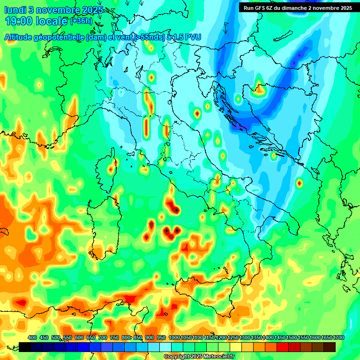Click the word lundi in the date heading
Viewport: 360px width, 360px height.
pyautogui.click(x=15, y=10)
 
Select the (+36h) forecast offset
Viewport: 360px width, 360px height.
pyautogui.click(x=81, y=21)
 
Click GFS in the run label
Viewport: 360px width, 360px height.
pyautogui.click(x=265, y=7)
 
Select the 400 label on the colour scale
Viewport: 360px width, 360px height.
pyautogui.click(x=32, y=337)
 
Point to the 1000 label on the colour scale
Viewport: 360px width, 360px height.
pyautogui.click(x=174, y=337)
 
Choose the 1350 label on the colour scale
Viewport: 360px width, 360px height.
pyautogui.click(x=256, y=337)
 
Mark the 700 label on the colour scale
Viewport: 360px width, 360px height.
pyautogui.click(x=103, y=337)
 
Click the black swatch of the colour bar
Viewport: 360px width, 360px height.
pyautogui.click(x=25, y=347)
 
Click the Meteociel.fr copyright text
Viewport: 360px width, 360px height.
pyautogui.click(x=199, y=357)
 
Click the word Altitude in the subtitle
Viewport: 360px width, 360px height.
pyautogui.click(x=21, y=37)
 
